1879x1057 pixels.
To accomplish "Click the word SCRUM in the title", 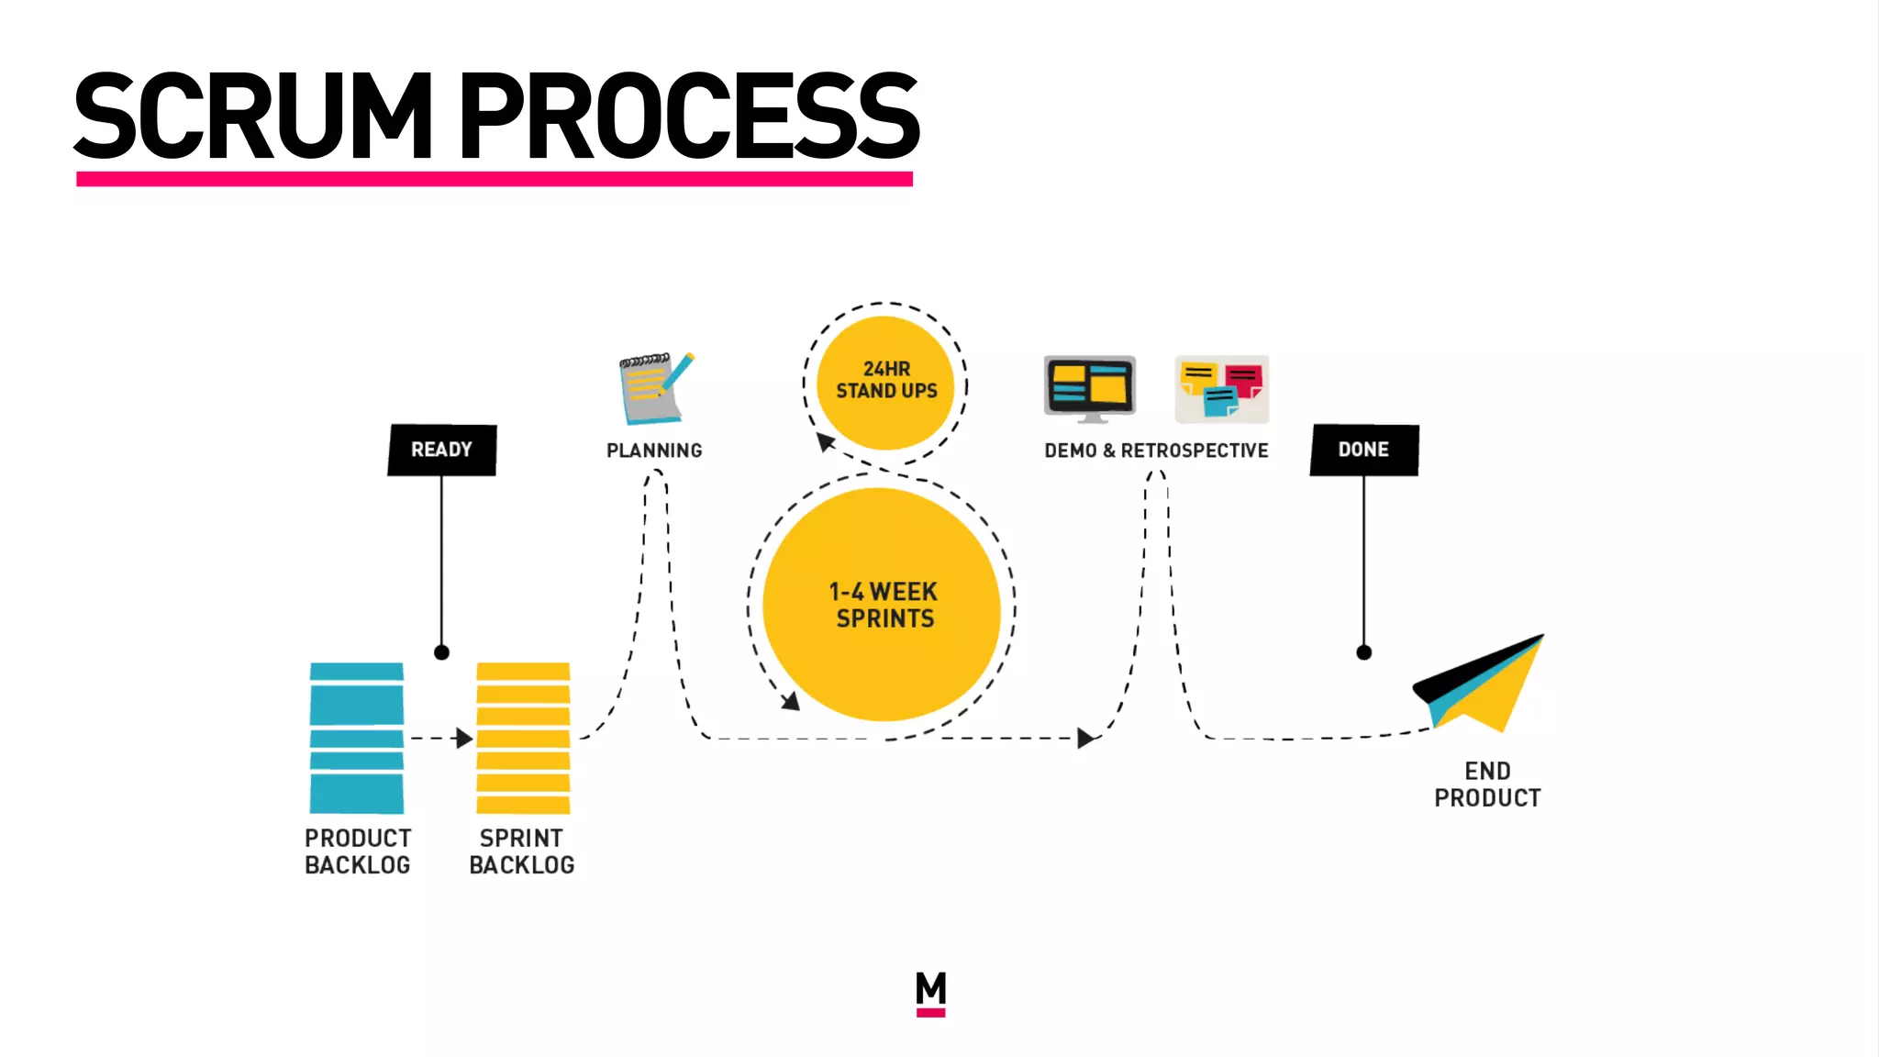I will click(252, 117).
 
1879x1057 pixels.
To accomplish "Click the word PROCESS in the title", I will click(688, 117).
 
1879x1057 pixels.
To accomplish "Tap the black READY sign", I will click(442, 450).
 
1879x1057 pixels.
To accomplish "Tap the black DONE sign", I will click(1363, 450).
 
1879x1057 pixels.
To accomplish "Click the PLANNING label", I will click(654, 451).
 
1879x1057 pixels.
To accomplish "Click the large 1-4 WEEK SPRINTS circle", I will click(882, 605).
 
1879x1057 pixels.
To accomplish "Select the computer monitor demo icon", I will click(1090, 388).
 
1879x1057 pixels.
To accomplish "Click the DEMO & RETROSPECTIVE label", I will click(1156, 451).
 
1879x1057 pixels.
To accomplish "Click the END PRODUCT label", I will click(1487, 784).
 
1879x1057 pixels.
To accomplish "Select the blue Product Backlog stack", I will click(357, 738).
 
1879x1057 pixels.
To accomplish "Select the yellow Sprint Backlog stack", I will click(523, 738).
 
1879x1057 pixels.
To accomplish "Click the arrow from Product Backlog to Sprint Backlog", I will click(441, 738).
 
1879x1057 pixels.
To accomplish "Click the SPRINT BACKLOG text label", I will click(521, 851).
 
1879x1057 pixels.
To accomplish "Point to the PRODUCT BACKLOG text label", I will click(358, 851).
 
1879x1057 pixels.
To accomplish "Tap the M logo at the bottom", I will click(930, 993).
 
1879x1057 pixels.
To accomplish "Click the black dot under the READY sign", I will click(441, 652).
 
